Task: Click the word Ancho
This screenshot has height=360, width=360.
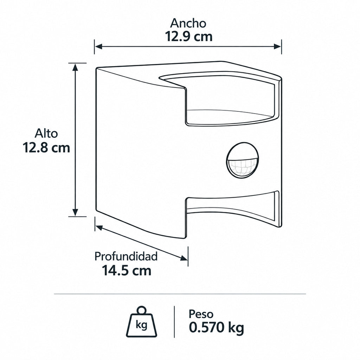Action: [188, 23]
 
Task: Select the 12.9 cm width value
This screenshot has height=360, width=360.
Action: [189, 37]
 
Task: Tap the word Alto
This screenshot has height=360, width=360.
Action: [46, 133]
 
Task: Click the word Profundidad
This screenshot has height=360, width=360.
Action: [126, 256]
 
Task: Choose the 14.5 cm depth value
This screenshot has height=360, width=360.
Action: [127, 270]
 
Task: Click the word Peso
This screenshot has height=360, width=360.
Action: [201, 314]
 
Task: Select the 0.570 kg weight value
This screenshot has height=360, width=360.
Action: [216, 328]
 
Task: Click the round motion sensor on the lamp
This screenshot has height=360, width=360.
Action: [243, 160]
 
